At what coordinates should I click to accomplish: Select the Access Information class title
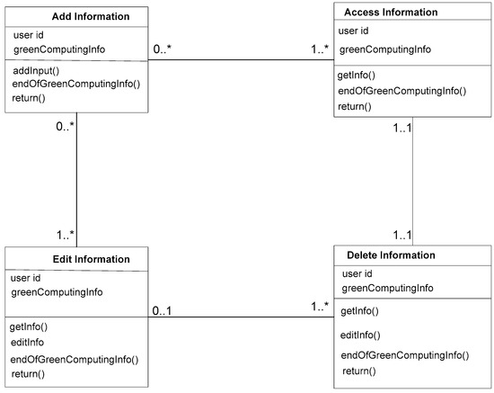click(391, 13)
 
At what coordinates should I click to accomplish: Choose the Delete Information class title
click(391, 255)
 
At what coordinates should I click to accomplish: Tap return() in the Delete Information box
click(357, 371)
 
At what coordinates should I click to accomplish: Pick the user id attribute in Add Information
click(31, 34)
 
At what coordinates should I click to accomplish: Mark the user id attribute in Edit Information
click(29, 278)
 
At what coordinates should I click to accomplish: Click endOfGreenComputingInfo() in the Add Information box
click(76, 84)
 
